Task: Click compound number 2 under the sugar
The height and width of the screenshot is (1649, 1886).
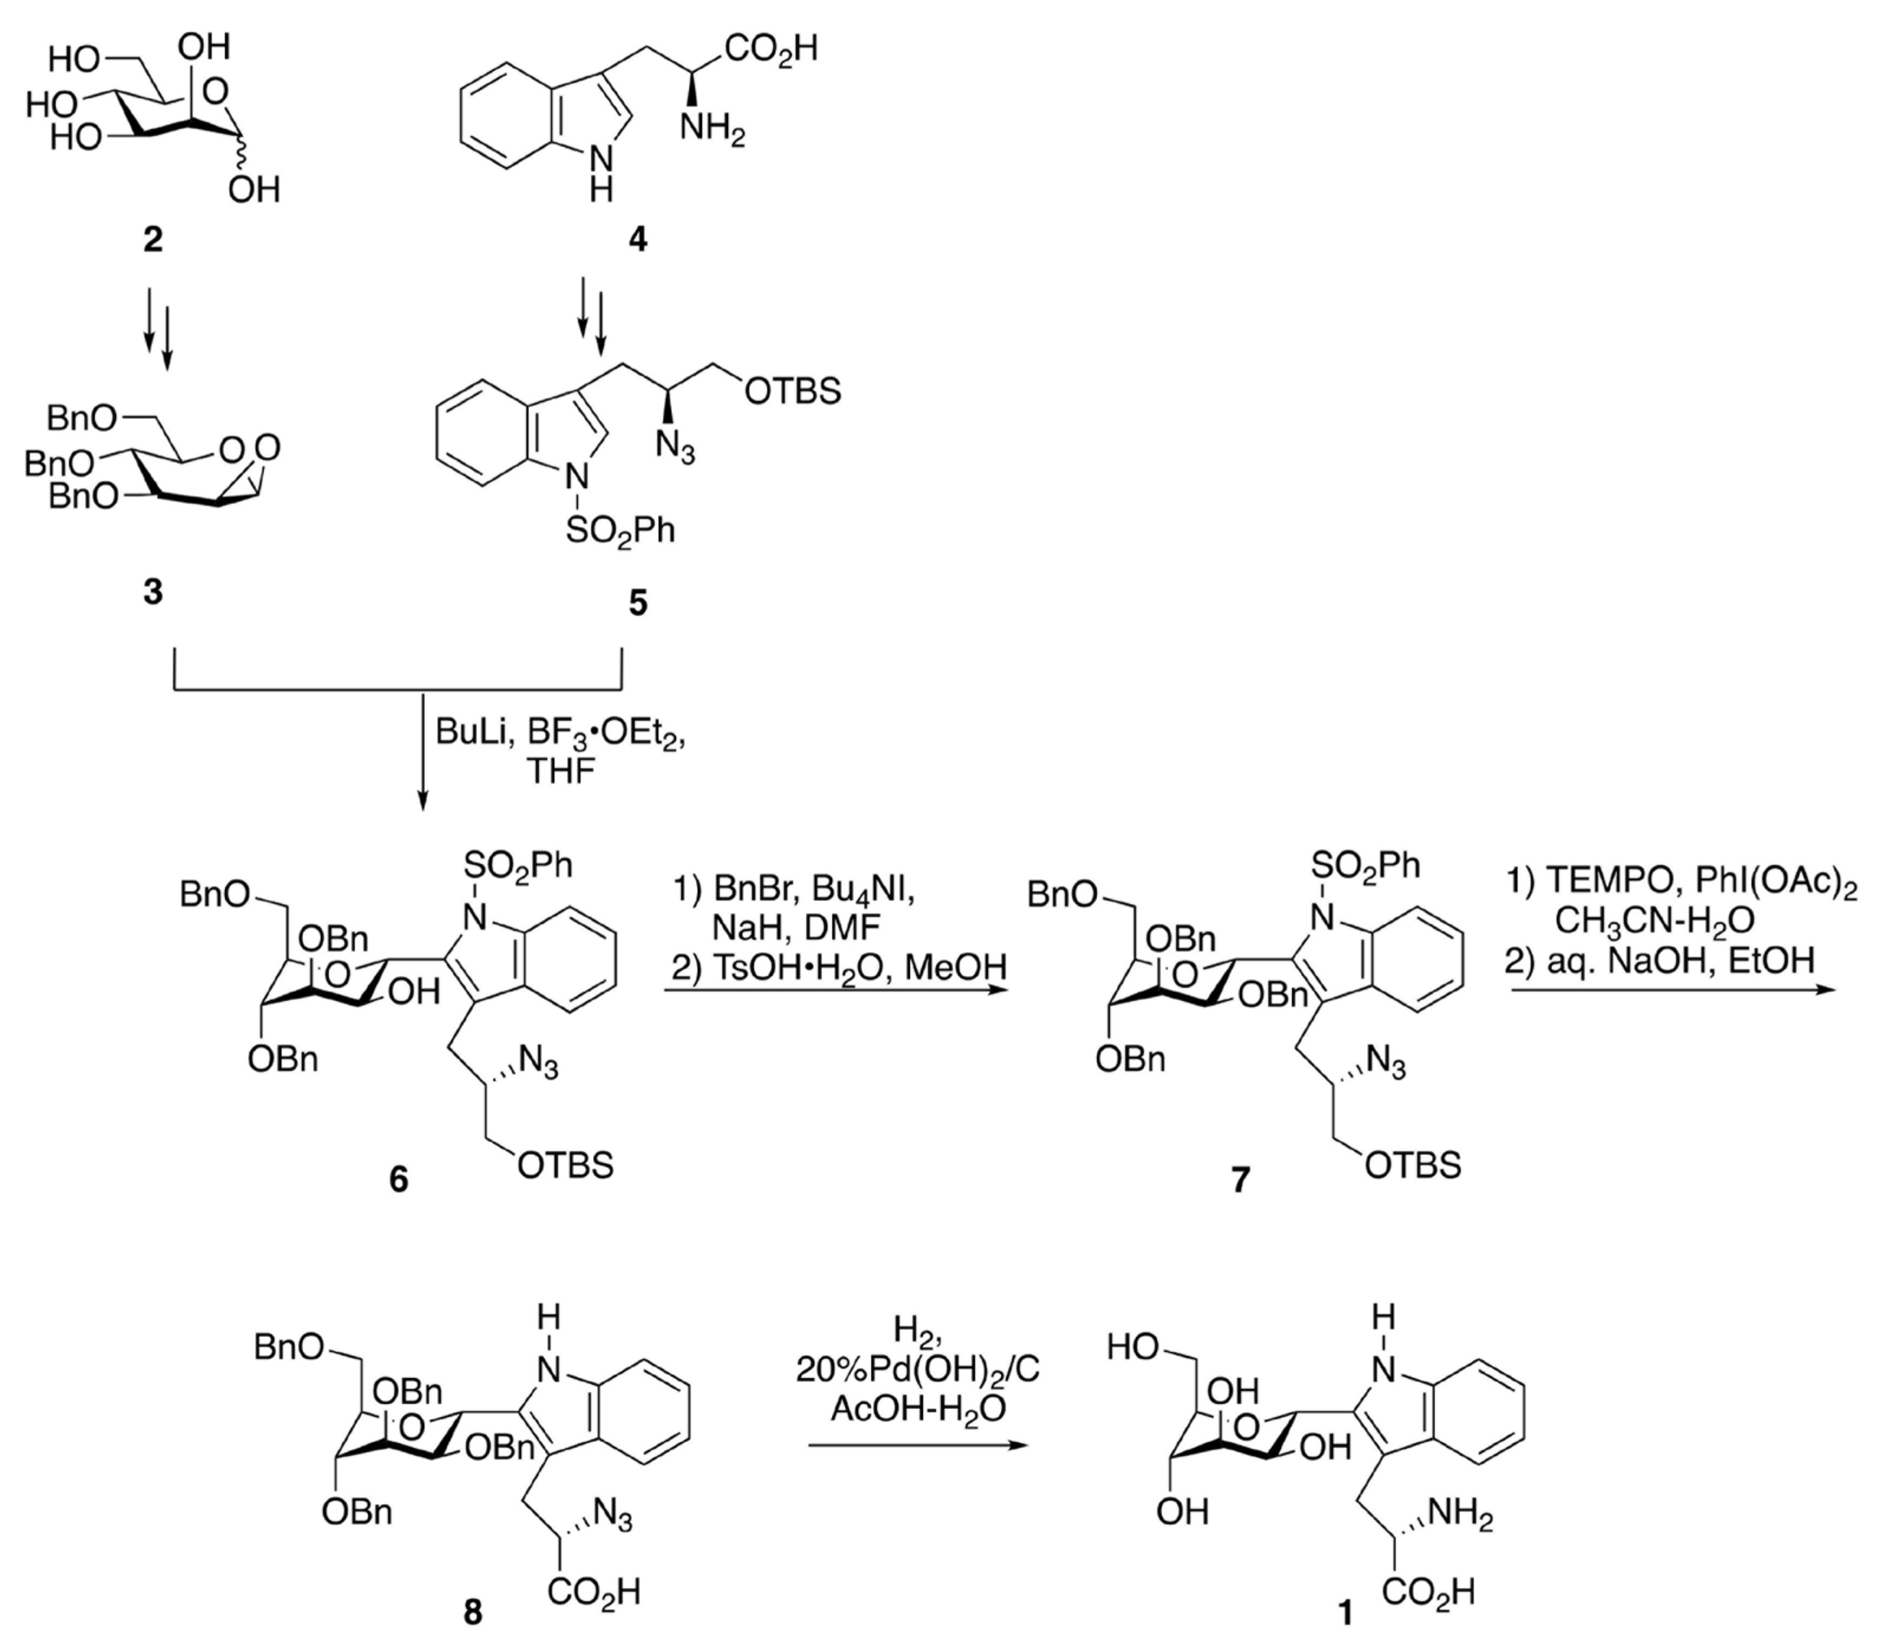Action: (152, 240)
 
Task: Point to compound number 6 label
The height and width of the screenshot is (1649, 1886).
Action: (398, 1179)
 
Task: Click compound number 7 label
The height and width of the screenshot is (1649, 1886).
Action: (1241, 1179)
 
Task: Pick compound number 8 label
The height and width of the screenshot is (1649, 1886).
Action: (473, 1613)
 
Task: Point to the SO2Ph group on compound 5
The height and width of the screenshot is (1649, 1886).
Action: (619, 531)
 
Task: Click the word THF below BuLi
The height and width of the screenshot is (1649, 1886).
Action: (560, 771)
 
